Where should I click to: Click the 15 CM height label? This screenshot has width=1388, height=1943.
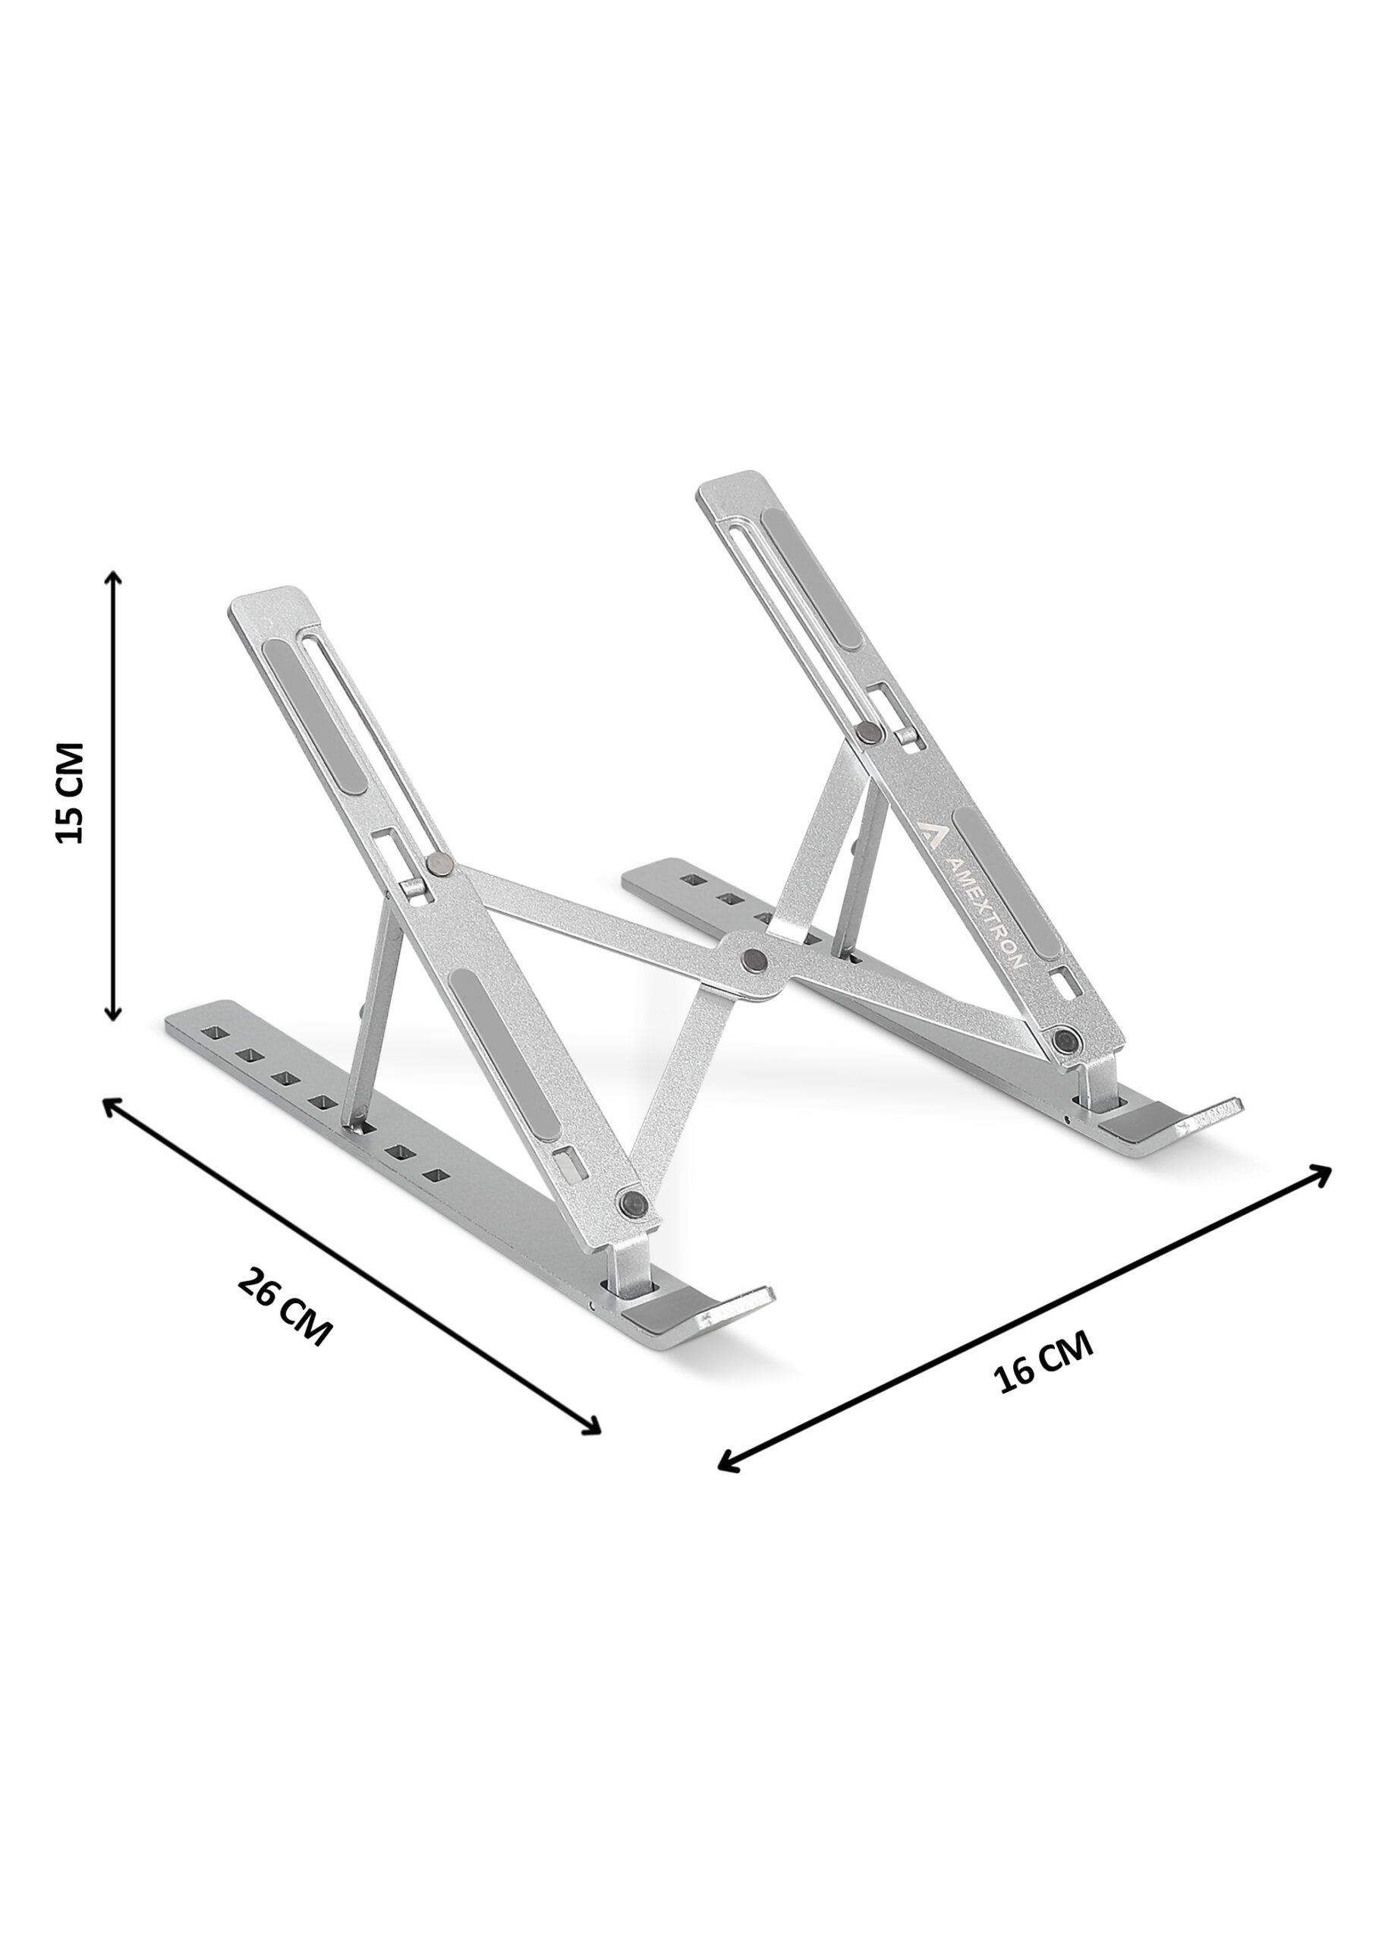69,792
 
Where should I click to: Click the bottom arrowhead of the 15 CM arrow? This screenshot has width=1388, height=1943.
113,1009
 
